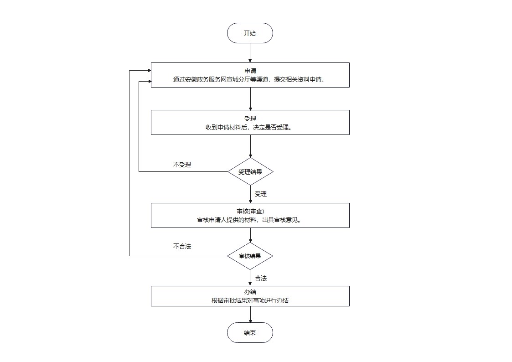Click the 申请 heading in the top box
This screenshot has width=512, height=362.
click(250, 71)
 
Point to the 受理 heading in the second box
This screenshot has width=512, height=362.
click(250, 119)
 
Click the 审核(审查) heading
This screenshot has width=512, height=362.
click(250, 212)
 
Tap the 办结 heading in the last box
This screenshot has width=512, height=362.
click(250, 292)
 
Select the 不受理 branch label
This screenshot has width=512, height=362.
click(182, 165)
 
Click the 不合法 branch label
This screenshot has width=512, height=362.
click(182, 247)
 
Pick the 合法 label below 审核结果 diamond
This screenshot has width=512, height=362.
click(261, 278)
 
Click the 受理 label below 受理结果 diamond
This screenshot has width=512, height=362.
click(261, 194)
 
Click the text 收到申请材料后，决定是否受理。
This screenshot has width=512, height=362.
click(249, 127)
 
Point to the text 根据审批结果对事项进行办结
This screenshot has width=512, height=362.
click(250, 300)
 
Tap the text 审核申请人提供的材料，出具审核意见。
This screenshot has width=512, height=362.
click(249, 220)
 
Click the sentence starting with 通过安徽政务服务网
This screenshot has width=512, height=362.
click(249, 80)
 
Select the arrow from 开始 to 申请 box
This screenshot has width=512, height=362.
click(250, 53)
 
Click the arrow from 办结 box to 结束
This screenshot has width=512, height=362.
click(250, 314)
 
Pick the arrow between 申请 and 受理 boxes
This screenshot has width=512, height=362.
click(250, 99)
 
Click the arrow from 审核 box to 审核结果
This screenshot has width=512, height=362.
click(250, 235)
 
